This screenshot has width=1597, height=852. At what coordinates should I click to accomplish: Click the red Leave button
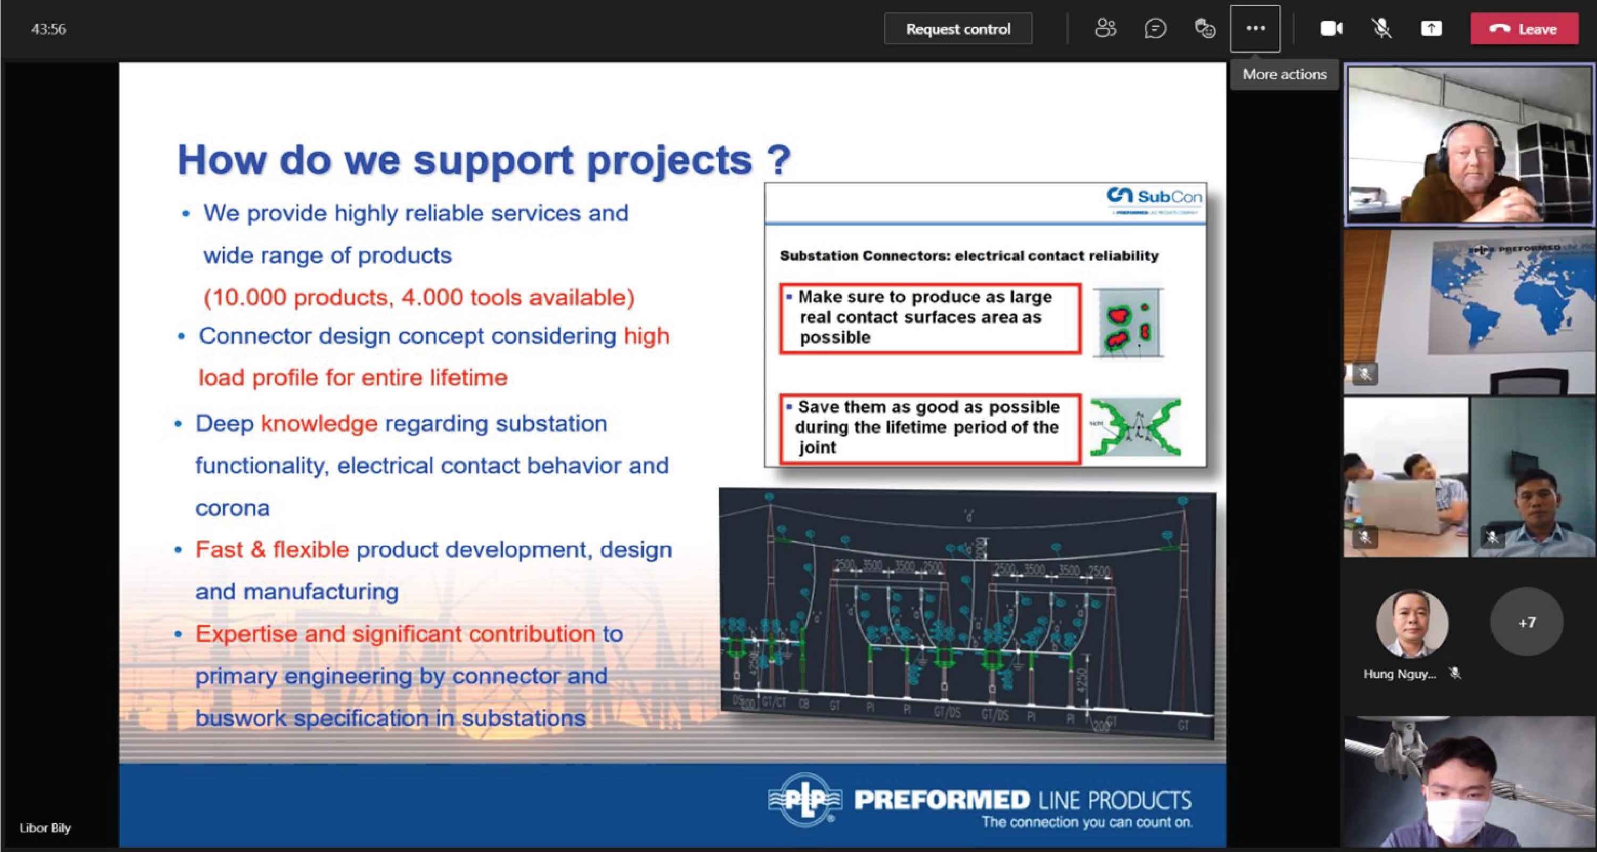[1524, 29]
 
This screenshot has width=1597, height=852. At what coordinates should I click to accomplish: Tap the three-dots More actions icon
[1255, 29]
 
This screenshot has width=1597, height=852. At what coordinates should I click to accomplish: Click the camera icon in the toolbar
[1330, 29]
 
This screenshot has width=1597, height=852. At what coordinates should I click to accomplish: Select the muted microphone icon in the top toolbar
[1381, 29]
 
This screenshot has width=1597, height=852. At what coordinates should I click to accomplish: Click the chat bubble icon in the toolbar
[1155, 29]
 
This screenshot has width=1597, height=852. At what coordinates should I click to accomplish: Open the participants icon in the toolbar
[1105, 29]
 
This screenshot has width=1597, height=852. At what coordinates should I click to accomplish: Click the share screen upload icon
[1431, 29]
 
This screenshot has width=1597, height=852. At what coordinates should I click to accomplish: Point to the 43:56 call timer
[48, 29]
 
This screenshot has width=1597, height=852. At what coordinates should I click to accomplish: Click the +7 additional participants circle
[1526, 622]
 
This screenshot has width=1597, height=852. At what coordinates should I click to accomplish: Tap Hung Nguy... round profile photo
[1412, 623]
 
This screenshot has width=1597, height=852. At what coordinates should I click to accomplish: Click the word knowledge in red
[319, 424]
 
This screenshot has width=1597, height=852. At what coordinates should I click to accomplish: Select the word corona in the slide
[233, 508]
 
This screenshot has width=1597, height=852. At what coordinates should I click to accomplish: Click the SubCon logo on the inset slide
[1154, 197]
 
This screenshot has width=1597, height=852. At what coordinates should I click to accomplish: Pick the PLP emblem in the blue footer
[804, 799]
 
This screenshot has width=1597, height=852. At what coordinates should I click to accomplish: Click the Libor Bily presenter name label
[45, 828]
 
